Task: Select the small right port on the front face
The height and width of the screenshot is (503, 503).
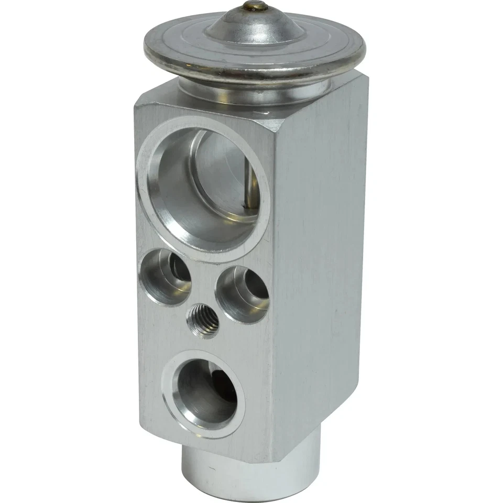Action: coord(242,293)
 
